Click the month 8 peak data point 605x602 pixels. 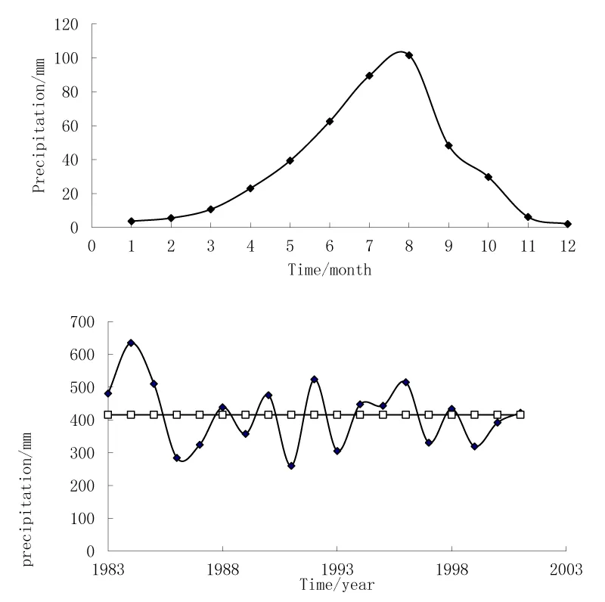[409, 55]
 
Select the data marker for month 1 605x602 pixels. [132, 221]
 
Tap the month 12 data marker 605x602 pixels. [568, 224]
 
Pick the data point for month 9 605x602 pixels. [449, 145]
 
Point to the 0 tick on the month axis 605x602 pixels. [92, 245]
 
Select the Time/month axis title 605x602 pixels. [330, 269]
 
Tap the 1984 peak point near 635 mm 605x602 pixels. [131, 343]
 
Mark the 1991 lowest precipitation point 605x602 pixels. [291, 466]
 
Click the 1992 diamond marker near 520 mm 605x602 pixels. [314, 379]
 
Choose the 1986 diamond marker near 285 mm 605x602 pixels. [177, 458]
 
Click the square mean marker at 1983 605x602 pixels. [108, 414]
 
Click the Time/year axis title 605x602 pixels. [337, 585]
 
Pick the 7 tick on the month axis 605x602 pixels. [369, 245]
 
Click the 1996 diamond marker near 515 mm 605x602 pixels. [405, 383]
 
